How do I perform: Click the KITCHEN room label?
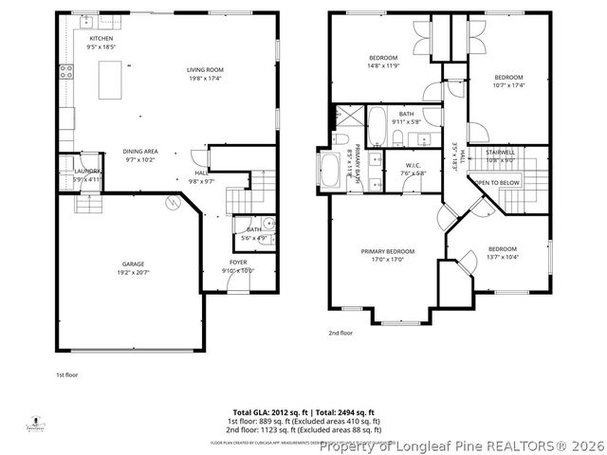pos(101,39)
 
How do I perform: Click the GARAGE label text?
pos(132,264)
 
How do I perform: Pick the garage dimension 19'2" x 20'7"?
pos(132,272)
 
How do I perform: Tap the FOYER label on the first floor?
pos(238,262)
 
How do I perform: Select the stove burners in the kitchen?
pos(65,71)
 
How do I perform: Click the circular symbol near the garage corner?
pos(174,200)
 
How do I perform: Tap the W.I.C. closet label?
pos(413,166)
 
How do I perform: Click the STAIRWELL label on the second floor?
pos(500,152)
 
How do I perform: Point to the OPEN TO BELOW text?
pos(497,182)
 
